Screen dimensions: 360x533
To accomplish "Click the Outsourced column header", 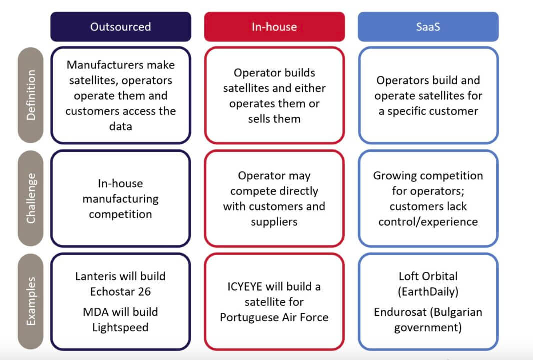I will pyautogui.click(x=120, y=27).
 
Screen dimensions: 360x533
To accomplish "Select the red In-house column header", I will pyautogui.click(x=274, y=27).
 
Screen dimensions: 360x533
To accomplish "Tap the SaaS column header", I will pyautogui.click(x=428, y=27).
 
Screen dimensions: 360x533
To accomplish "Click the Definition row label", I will pyautogui.click(x=31, y=95).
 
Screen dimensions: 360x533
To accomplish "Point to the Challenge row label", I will pyautogui.click(x=31, y=198).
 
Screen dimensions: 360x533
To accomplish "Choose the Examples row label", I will pyautogui.click(x=31, y=301).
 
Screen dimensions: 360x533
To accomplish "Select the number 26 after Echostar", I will pyautogui.click(x=144, y=292).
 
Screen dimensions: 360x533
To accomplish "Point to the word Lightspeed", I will pyautogui.click(x=121, y=328).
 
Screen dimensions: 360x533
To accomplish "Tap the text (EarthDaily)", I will pyautogui.click(x=428, y=292).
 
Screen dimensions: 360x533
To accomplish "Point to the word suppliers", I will pyautogui.click(x=274, y=222).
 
